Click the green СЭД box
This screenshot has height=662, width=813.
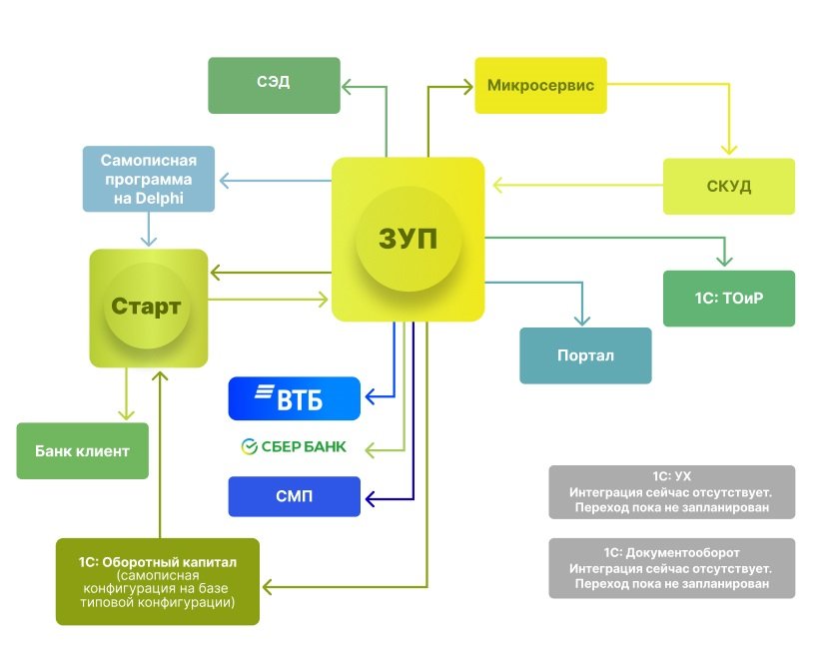[272, 85]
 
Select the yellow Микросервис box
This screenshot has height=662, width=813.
[540, 86]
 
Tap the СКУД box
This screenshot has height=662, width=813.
[729, 187]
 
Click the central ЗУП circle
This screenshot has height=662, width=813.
[407, 239]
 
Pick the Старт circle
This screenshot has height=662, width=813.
[148, 307]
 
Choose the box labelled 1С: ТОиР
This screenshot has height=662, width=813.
[728, 299]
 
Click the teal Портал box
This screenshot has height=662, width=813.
[585, 355]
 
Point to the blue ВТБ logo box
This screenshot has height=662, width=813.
[294, 398]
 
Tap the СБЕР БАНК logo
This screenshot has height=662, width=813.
[294, 446]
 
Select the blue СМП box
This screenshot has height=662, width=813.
[294, 496]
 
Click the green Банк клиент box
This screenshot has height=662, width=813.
[82, 451]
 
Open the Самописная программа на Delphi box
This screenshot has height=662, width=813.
[149, 180]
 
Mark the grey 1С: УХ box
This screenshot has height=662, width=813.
[671, 492]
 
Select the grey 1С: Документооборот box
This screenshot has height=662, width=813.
[671, 568]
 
